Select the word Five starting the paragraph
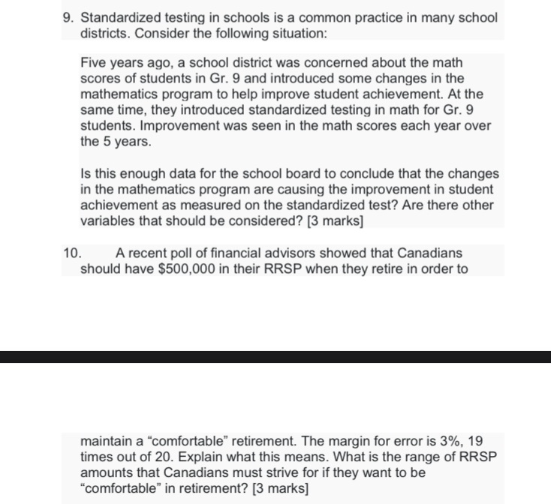95,62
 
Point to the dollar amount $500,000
195,268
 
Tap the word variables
108,220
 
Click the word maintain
107,441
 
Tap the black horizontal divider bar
275,356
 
